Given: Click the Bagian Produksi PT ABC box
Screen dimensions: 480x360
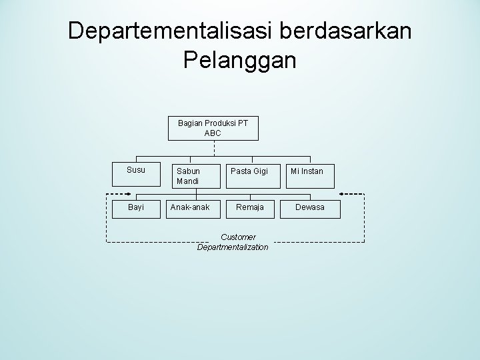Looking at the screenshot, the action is click(213, 128).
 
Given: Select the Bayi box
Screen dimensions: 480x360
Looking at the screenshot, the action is click(136, 207).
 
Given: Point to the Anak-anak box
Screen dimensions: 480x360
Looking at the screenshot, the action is click(190, 207).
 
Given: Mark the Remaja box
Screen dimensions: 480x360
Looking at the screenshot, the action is click(250, 207).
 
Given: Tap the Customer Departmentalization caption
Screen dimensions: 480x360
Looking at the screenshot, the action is click(233, 242).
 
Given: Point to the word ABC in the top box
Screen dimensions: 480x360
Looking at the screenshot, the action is click(213, 133).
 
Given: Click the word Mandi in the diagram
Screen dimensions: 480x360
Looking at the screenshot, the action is click(188, 181).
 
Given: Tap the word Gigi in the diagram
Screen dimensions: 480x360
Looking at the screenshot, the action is click(258, 171).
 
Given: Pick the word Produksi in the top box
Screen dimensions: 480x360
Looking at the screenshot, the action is click(224, 123).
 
